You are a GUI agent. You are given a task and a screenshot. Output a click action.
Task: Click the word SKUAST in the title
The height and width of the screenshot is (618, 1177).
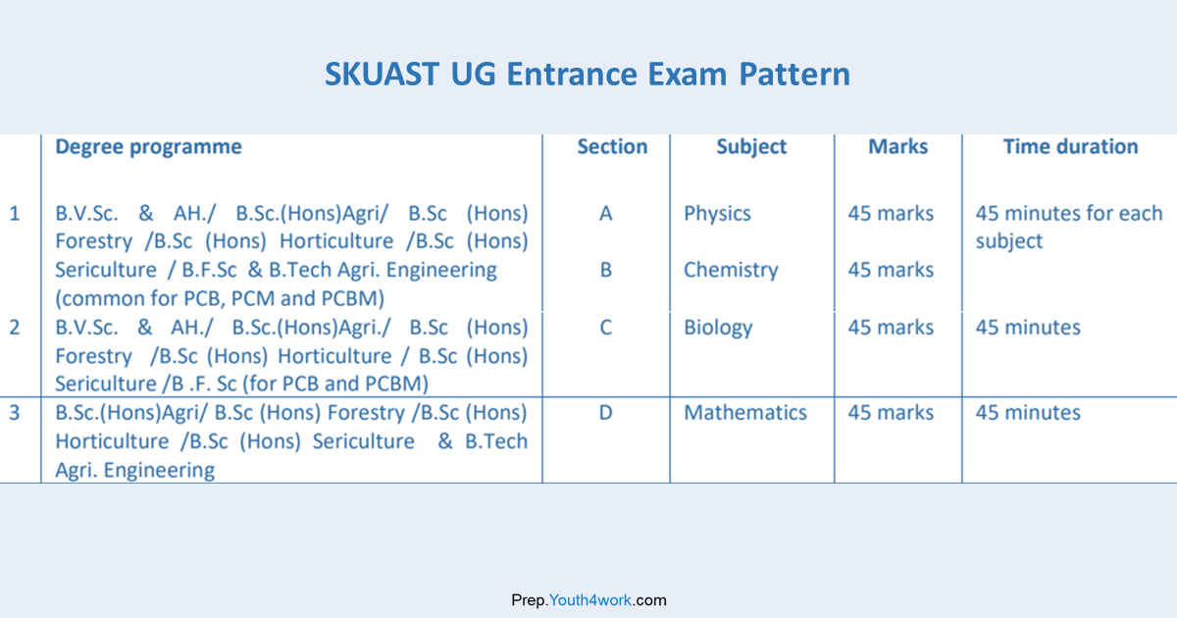[382, 74]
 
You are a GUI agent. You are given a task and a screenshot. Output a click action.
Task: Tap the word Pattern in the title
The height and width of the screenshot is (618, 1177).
[794, 74]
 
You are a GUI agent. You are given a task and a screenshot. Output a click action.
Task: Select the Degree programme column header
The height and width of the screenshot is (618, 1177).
[149, 147]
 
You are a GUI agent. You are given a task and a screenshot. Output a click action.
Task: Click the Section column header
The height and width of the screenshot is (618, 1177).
[612, 146]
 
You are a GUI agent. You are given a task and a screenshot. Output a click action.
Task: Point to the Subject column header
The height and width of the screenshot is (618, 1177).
[751, 147]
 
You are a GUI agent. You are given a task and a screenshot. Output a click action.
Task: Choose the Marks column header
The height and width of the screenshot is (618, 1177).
[898, 146]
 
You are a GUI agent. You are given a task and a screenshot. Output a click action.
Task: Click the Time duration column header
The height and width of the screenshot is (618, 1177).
[1071, 146]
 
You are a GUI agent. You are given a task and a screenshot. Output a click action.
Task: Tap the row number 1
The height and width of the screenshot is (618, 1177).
[15, 214]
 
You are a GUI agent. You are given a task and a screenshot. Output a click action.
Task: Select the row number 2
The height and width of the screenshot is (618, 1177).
[15, 328]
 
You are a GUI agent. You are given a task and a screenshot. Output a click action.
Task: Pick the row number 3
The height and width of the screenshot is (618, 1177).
[15, 413]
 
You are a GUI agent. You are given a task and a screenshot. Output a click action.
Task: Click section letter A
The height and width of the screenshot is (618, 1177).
[606, 214]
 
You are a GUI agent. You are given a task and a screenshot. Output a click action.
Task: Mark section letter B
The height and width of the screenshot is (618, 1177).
[606, 270]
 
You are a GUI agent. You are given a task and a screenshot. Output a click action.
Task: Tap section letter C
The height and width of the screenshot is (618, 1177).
[606, 328]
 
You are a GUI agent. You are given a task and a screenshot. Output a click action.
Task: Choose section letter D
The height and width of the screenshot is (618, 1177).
[606, 413]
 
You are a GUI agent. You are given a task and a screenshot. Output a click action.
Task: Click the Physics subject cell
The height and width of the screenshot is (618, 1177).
[717, 215]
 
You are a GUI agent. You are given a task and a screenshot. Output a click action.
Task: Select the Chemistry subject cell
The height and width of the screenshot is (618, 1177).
[731, 271]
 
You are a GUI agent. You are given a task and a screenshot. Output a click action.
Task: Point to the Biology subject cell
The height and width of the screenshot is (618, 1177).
[718, 329]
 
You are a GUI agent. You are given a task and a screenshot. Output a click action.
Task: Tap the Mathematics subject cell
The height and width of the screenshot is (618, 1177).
[745, 413]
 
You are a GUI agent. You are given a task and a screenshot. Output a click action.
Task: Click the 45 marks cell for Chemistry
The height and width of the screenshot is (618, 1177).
[891, 270]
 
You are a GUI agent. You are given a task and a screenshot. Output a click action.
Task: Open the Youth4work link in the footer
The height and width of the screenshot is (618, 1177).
[590, 600]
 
